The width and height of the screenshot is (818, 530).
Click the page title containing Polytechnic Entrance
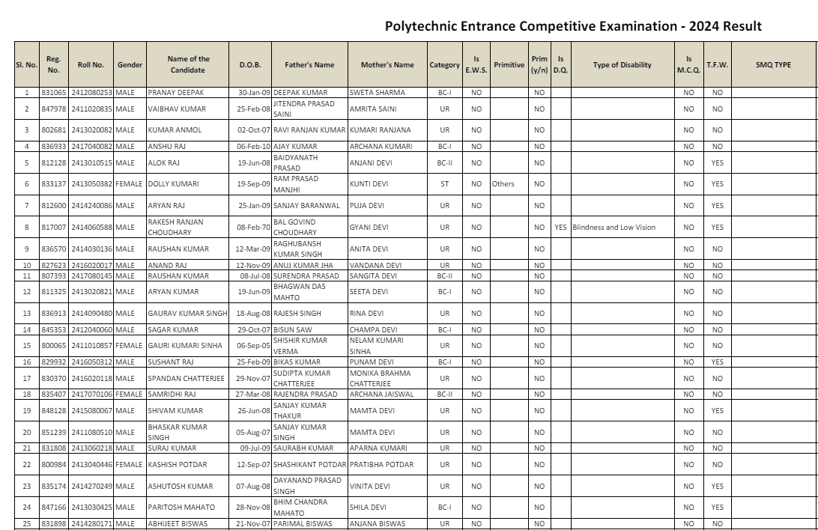[573, 27]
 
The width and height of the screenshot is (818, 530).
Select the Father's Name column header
[309, 65]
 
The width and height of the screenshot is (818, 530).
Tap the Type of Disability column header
[622, 65]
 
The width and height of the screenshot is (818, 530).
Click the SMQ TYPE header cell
[773, 65]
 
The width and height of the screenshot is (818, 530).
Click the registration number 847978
[53, 109]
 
